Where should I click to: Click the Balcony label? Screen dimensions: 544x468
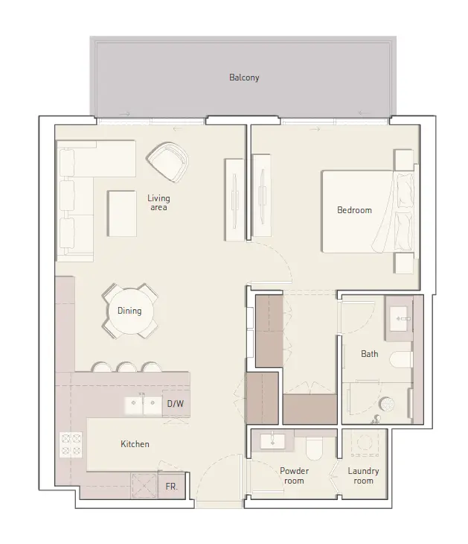tap(243, 78)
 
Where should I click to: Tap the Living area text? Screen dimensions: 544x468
tap(158, 203)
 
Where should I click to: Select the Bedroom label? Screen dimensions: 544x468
tap(354, 210)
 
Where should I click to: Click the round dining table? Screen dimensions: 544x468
tap(129, 311)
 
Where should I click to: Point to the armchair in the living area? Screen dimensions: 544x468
tap(167, 161)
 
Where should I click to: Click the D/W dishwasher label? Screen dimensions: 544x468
tap(176, 404)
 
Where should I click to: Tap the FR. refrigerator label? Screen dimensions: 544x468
tap(172, 485)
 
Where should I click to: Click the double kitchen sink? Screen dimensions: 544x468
tap(143, 405)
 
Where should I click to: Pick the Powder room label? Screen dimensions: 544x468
tap(294, 475)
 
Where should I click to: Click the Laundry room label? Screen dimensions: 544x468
tap(363, 475)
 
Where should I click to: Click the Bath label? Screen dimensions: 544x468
tap(369, 354)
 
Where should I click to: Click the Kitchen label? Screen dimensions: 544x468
tap(135, 444)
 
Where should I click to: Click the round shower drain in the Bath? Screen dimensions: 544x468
tap(386, 405)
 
